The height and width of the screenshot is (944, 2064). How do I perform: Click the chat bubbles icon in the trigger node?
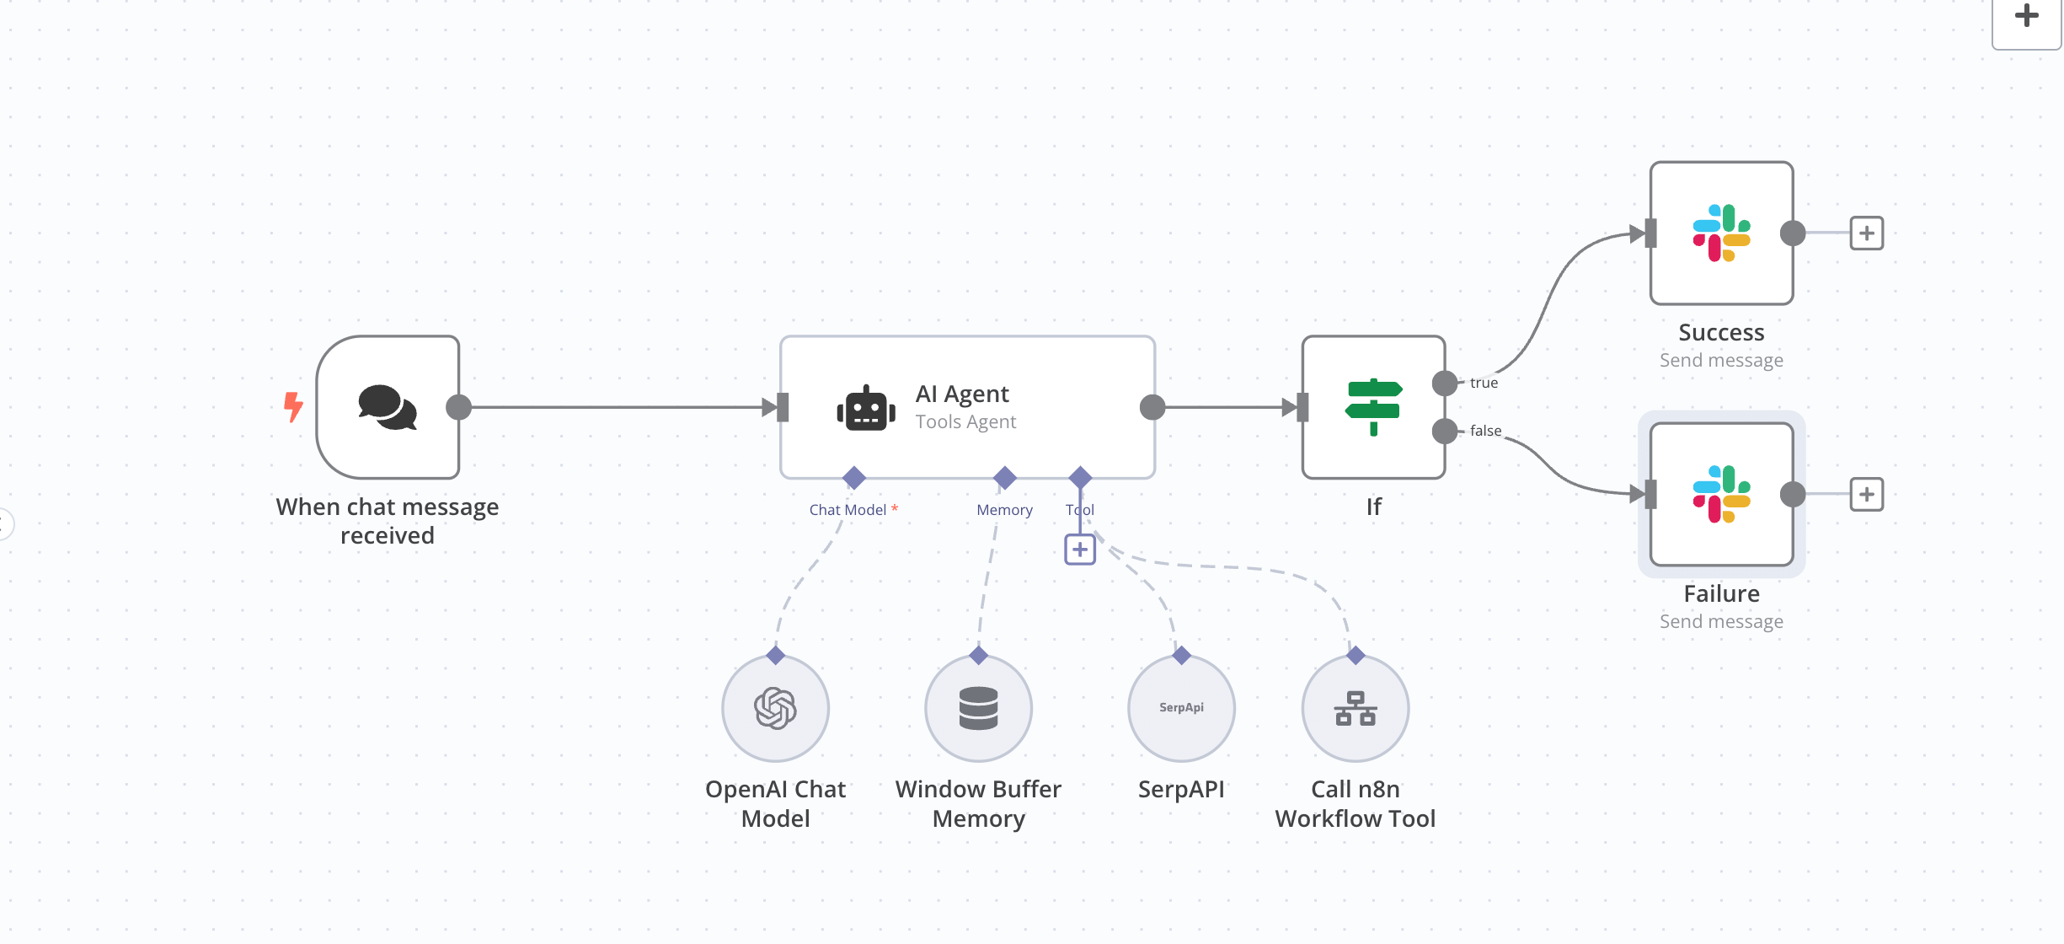(x=388, y=407)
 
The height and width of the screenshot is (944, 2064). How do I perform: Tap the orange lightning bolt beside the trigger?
(x=292, y=407)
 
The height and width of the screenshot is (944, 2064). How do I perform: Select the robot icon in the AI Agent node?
(x=865, y=409)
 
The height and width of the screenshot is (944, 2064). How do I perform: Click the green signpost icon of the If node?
(x=1373, y=407)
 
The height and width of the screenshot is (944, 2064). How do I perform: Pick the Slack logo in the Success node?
(x=1721, y=233)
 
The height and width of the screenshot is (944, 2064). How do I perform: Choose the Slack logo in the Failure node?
(x=1721, y=495)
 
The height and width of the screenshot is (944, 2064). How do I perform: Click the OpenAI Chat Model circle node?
(x=775, y=708)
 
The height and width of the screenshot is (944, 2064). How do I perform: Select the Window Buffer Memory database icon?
(x=978, y=708)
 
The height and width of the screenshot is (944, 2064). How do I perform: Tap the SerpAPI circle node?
(x=1181, y=708)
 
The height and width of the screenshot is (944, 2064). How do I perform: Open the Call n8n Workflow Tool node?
(x=1355, y=708)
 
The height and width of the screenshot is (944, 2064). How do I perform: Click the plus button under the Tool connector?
(x=1080, y=550)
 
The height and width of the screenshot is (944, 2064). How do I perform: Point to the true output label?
(x=1484, y=383)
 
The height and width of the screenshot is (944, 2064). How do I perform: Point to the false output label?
(x=1485, y=431)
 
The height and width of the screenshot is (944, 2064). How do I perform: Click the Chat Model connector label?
(x=848, y=510)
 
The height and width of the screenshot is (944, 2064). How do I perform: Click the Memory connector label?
(x=1004, y=510)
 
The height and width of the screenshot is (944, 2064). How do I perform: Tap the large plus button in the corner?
(x=2026, y=17)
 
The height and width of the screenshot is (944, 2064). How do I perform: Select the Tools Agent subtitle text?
(x=965, y=421)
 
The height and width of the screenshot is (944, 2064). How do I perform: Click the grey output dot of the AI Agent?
(x=1152, y=407)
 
